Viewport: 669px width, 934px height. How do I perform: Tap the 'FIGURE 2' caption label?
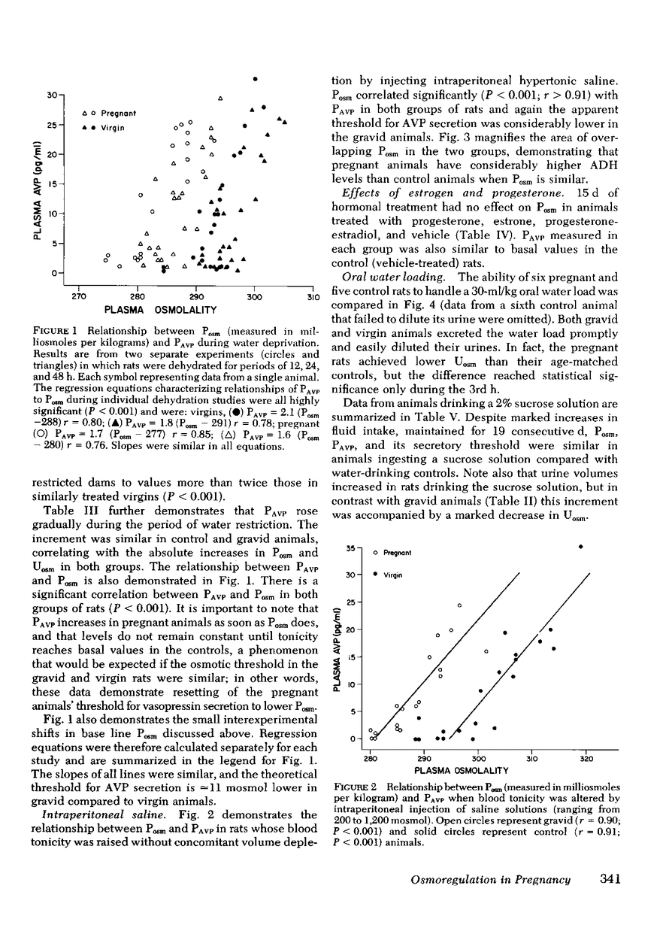[x=356, y=786]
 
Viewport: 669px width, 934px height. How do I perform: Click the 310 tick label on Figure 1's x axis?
[x=311, y=297]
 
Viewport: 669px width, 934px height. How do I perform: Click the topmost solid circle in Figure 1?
[x=256, y=78]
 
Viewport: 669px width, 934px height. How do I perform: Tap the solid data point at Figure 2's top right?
[x=580, y=547]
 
